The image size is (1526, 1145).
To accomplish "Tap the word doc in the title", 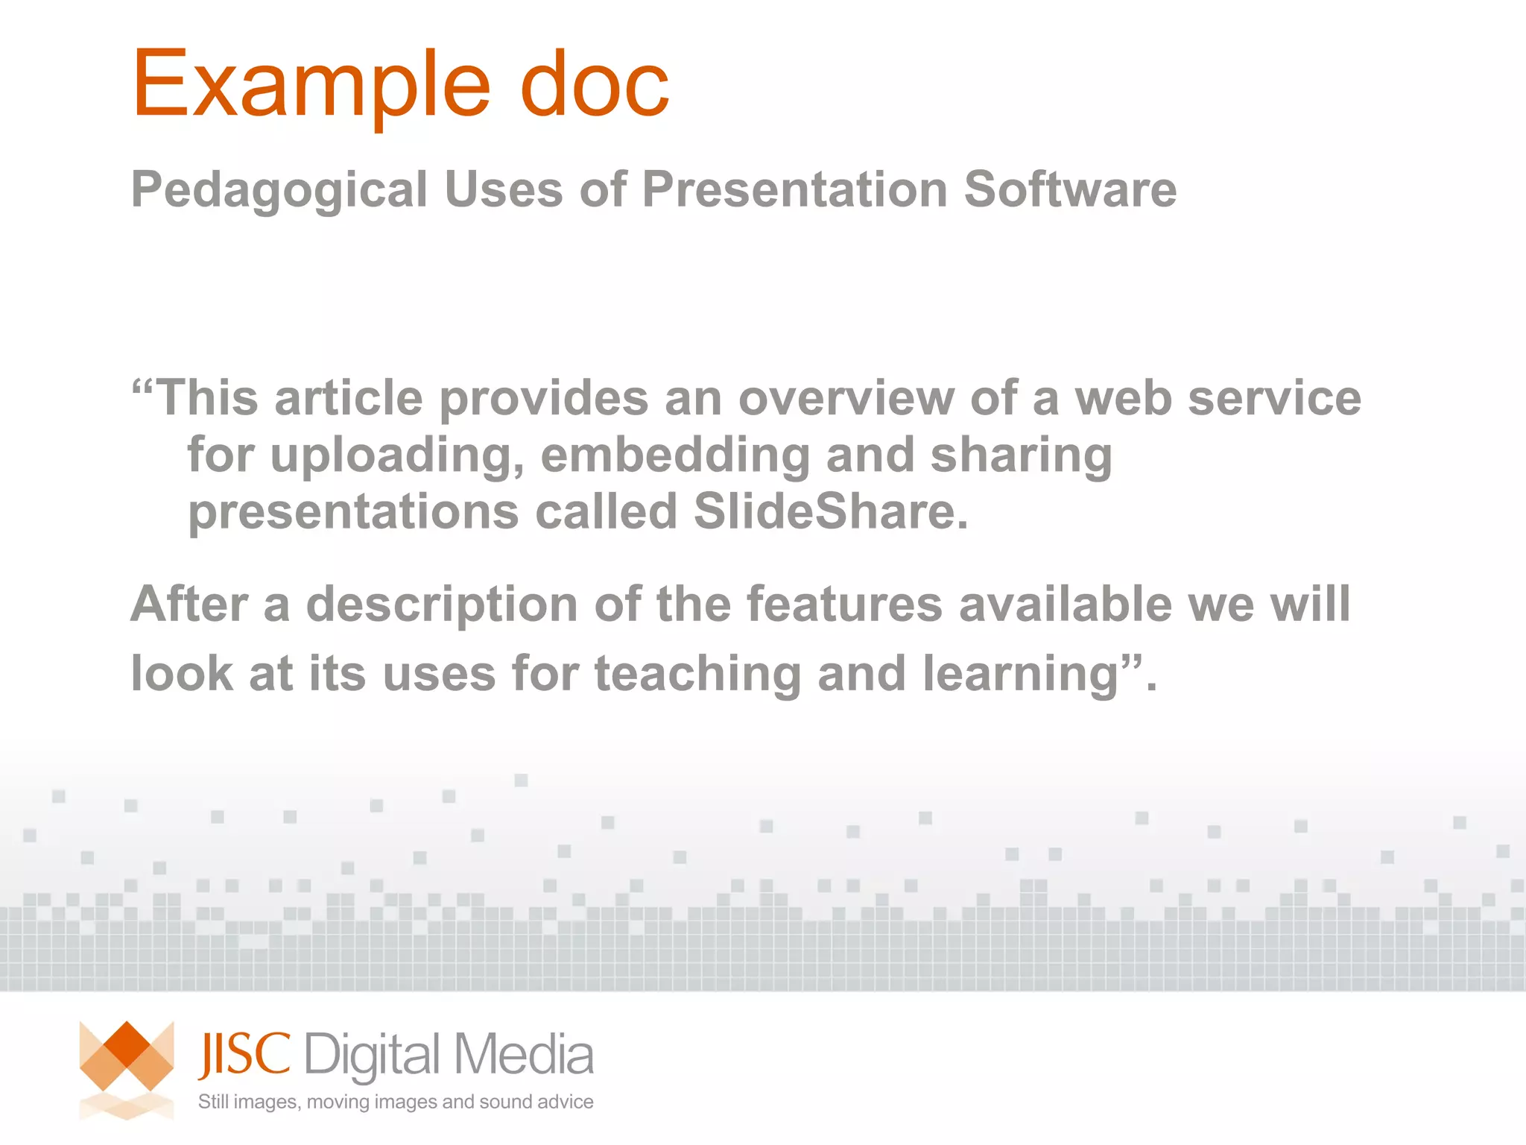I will (594, 84).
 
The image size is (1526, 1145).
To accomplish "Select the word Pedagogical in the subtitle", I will (279, 190).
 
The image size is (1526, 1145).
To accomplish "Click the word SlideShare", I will (831, 511).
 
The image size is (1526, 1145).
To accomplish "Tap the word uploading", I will (397, 456).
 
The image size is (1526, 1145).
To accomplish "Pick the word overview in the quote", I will (846, 398).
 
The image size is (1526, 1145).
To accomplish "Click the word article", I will (349, 398).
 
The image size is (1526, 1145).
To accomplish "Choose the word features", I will (845, 603).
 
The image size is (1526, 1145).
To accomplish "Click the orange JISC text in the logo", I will (244, 1055).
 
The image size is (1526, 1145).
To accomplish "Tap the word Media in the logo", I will (523, 1055).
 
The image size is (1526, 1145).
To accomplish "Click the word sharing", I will (1021, 456).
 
